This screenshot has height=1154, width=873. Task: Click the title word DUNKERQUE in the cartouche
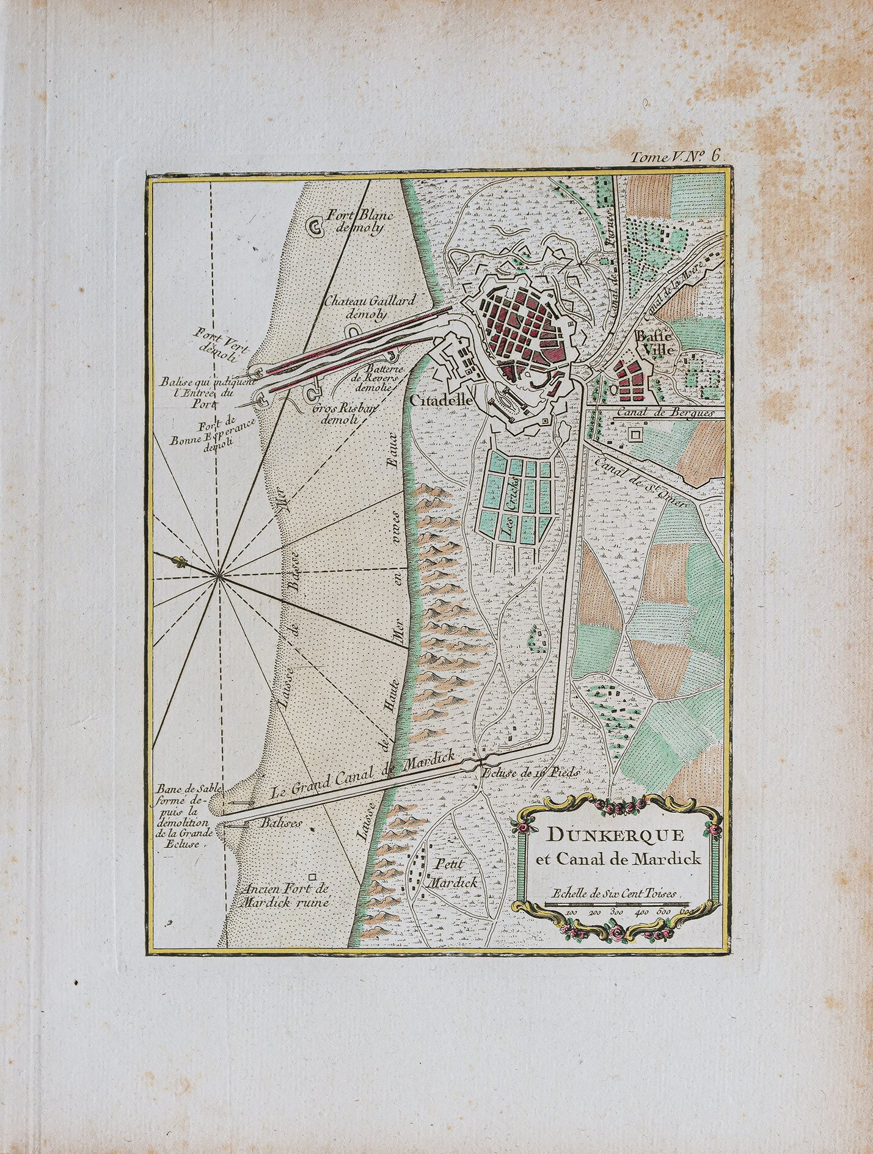coord(615,835)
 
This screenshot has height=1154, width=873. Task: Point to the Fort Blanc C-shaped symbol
coord(316,227)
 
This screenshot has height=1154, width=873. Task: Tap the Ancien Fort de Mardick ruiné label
coord(285,896)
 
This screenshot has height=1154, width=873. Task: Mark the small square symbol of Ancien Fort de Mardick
coord(313,876)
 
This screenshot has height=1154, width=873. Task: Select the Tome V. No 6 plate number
coord(676,156)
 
